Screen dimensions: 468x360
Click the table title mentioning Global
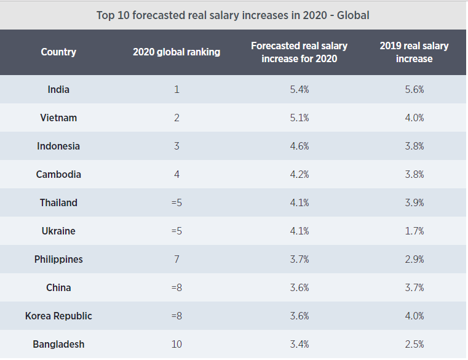(x=233, y=15)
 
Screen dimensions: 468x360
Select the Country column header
(x=58, y=52)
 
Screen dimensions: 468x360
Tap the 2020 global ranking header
(x=176, y=52)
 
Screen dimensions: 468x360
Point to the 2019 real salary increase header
(x=414, y=52)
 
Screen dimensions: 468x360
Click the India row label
(x=58, y=89)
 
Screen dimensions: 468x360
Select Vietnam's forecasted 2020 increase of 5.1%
(x=299, y=118)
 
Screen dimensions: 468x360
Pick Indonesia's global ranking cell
(x=176, y=146)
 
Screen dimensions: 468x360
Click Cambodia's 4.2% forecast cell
(x=299, y=174)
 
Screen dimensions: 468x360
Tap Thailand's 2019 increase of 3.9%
(x=414, y=202)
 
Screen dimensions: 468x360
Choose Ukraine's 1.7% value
(x=414, y=231)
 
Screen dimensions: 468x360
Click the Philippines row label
(x=58, y=259)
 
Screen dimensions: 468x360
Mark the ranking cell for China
(x=176, y=287)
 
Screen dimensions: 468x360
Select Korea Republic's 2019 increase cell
(x=414, y=316)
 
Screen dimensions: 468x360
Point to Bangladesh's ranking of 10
(x=176, y=344)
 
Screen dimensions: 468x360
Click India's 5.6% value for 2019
(x=414, y=89)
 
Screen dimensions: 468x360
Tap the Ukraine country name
(x=58, y=231)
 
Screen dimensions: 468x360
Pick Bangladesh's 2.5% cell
(x=414, y=344)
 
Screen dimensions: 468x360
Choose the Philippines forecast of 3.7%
(x=299, y=259)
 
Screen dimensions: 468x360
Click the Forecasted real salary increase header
(x=299, y=52)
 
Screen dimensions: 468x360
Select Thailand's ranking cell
(x=176, y=202)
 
